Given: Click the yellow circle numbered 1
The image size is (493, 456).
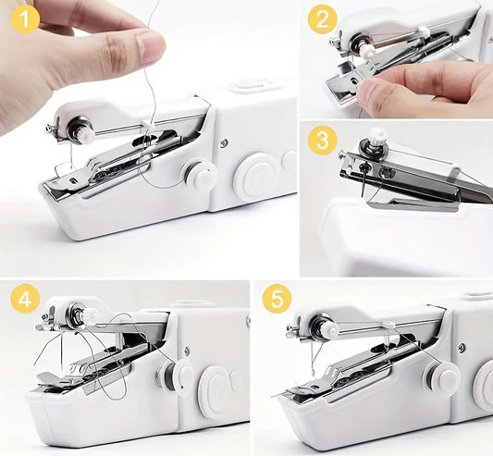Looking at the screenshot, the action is click(x=25, y=18).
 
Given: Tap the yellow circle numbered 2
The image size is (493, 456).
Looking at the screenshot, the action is click(x=322, y=18).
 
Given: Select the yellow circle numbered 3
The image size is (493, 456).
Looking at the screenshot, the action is click(x=323, y=140).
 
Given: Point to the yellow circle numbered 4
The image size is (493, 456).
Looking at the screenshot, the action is click(x=25, y=299).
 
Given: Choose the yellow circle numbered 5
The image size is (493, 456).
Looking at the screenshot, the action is click(x=277, y=299).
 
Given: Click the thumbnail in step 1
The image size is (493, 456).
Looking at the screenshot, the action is click(x=150, y=46).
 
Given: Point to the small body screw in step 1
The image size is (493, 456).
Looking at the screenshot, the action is click(x=224, y=142).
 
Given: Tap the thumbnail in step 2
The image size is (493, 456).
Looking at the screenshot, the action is click(x=369, y=95).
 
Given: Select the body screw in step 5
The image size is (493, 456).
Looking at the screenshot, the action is click(x=462, y=347).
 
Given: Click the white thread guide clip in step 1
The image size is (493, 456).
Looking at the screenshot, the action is click(x=148, y=123).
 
